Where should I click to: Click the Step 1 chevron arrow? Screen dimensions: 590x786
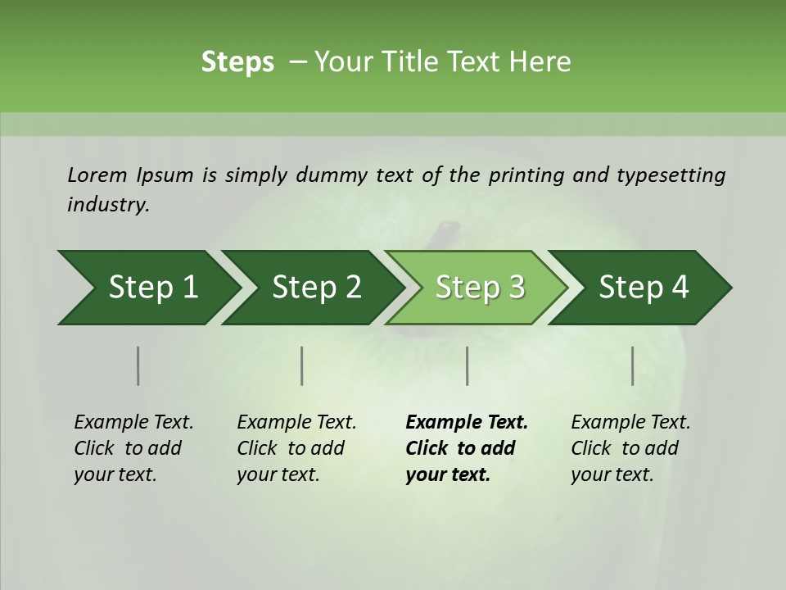click(147, 288)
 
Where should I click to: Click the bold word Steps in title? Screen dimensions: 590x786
click(237, 62)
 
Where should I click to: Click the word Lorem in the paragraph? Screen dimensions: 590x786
click(97, 175)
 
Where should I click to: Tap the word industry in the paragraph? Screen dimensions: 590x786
click(108, 205)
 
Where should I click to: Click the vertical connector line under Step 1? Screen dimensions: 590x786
click(138, 365)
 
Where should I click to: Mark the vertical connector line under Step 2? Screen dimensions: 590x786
click(302, 365)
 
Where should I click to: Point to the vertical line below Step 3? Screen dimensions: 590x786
click(467, 365)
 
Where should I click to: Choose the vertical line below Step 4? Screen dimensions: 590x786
click(633, 365)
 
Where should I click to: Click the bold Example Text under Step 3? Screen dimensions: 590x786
click(467, 423)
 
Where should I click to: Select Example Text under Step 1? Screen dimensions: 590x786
click(133, 423)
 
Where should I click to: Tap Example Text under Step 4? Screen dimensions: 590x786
click(630, 423)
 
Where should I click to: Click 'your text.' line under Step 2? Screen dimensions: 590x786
click(278, 474)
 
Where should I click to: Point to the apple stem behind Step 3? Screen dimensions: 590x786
click(447, 233)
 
